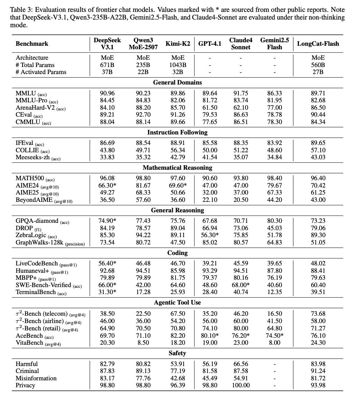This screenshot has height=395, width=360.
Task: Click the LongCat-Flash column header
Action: (x=318, y=44)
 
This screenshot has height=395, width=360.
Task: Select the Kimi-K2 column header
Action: (x=178, y=44)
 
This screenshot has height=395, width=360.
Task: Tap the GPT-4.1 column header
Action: (x=210, y=44)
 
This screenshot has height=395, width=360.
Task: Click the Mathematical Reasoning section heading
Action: (x=177, y=168)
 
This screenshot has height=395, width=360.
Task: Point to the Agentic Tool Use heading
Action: (x=177, y=302)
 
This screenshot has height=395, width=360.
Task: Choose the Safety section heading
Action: (x=177, y=353)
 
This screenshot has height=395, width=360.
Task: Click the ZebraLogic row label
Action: (x=31, y=235)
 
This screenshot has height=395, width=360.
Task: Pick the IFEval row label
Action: (x=25, y=143)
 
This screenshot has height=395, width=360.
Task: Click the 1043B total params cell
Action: (x=178, y=65)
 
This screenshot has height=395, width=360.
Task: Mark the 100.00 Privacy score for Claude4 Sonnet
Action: (x=241, y=385)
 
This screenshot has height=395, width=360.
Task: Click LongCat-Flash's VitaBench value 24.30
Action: (x=318, y=343)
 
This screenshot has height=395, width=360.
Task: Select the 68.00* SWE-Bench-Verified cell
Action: (x=241, y=285)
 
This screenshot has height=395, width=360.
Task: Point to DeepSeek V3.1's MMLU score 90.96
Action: (x=107, y=93)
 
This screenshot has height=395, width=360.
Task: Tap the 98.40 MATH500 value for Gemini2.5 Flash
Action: (x=274, y=178)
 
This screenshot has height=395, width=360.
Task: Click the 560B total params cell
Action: (x=318, y=65)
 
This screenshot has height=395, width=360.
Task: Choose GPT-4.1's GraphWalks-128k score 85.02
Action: (x=210, y=242)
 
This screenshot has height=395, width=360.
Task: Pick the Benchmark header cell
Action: (x=32, y=44)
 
